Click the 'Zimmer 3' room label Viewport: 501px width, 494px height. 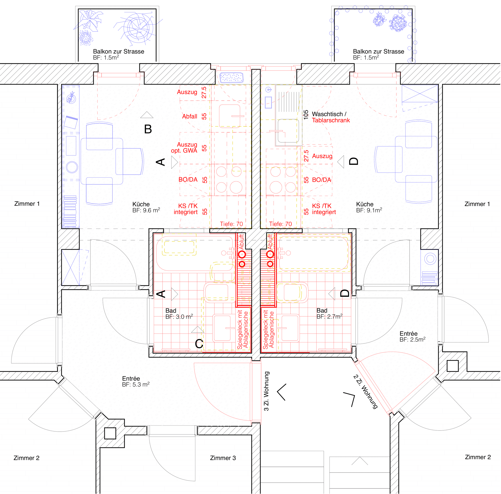click(x=223, y=458)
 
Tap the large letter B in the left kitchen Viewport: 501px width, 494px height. click(x=148, y=129)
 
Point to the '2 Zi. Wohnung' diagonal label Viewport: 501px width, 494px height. click(x=365, y=392)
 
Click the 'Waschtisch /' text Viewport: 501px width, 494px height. click(x=329, y=114)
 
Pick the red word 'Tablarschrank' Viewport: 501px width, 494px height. click(x=331, y=120)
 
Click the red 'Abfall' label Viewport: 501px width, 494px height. click(x=190, y=116)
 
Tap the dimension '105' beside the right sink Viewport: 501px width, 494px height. click(x=306, y=115)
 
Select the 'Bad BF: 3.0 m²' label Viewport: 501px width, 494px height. click(x=179, y=313)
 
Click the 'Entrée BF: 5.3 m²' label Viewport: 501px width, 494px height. click(x=136, y=382)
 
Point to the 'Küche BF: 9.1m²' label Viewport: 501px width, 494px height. click(x=369, y=207)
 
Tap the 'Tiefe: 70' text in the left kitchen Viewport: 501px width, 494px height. click(x=231, y=224)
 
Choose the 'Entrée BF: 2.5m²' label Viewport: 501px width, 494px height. click(x=412, y=337)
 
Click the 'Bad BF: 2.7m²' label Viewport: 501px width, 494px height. click(x=329, y=313)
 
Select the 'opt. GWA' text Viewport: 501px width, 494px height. click(x=184, y=151)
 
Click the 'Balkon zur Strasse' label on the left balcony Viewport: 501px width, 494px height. click(x=119, y=51)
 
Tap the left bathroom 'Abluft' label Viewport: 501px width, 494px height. click(x=242, y=242)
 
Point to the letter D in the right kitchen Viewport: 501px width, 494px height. click(x=354, y=161)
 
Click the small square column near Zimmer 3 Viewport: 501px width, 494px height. click(x=110, y=433)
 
